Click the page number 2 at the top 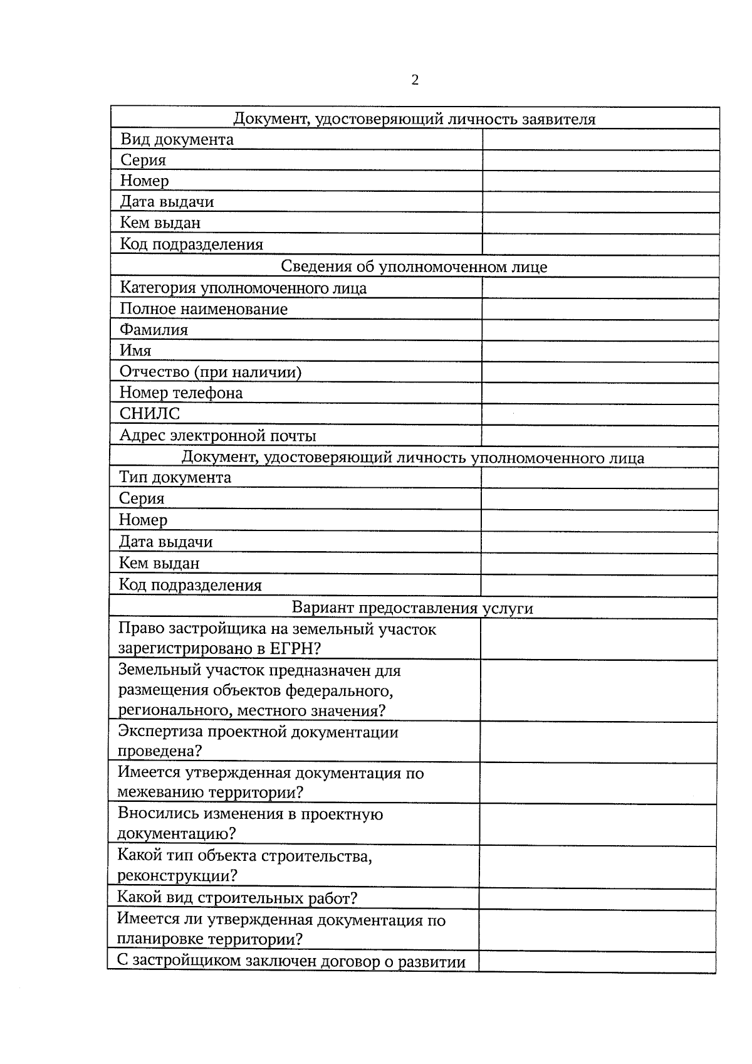coord(415,80)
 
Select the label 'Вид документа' coord(177,139)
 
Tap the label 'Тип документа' coord(175,477)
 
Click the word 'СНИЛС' coord(150,414)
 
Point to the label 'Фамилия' coord(154,330)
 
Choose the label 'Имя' coord(135,350)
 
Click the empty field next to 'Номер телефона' coord(600,393)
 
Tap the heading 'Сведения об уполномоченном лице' coord(414,266)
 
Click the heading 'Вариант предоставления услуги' coord(412,608)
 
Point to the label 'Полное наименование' coord(203,309)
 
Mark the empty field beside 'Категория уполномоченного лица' coord(600,288)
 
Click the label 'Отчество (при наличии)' coord(210,372)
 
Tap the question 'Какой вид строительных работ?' coord(237,898)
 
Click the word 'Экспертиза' coord(160,732)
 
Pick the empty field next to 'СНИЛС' coord(600,414)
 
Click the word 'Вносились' coord(159,814)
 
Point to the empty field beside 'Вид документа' coord(600,139)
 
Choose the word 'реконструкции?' coord(177,875)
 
